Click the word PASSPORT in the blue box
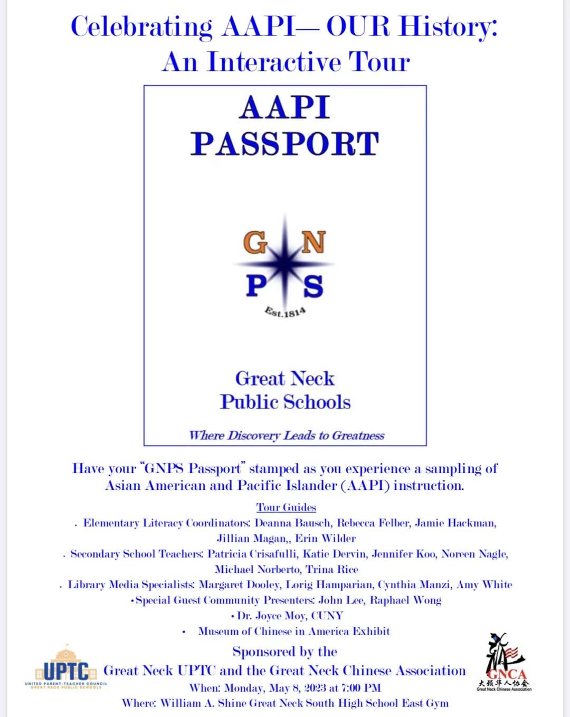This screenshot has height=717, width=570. pos(285,144)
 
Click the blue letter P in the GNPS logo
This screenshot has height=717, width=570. pos(256,286)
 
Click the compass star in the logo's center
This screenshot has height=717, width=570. pos(285,262)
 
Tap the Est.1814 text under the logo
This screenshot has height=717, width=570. pos(285,312)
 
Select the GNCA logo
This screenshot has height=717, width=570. pos(505,663)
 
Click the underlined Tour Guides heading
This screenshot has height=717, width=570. pos(286,507)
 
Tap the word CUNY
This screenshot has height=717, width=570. pos(327,616)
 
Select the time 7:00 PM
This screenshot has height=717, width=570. pos(361,688)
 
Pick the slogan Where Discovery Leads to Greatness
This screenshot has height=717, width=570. pos(287,436)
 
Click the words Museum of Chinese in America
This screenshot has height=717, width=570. pos(274,631)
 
